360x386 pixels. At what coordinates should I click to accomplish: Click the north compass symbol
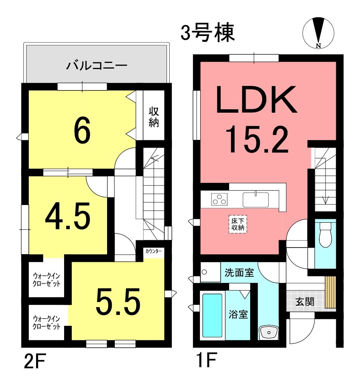tap(318, 33)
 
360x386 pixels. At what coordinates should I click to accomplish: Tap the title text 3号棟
tap(208, 33)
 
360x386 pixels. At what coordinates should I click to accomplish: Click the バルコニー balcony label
tap(97, 66)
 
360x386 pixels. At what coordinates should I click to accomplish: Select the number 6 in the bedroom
tap(82, 130)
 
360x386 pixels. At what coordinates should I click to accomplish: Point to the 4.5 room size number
tap(68, 217)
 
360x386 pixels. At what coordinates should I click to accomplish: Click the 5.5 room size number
tap(118, 302)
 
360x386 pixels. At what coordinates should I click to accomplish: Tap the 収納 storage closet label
tap(154, 117)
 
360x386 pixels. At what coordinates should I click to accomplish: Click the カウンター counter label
tap(154, 251)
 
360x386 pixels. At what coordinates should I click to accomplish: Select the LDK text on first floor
tap(256, 99)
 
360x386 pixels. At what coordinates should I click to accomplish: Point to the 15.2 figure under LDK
tap(256, 140)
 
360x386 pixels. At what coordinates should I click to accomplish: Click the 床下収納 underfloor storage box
tap(238, 225)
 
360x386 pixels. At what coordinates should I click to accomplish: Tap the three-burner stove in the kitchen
tap(219, 199)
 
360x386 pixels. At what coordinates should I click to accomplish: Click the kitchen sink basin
tap(256, 200)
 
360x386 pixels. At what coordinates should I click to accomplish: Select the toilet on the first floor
tap(325, 235)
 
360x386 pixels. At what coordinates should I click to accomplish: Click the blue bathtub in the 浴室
tap(212, 315)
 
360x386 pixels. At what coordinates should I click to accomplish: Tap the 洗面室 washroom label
tap(239, 273)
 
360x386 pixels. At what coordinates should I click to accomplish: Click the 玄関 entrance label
tap(305, 302)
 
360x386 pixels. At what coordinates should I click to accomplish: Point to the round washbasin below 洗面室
tap(269, 332)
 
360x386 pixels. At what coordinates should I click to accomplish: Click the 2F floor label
tap(35, 361)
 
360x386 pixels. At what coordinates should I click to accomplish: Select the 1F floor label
tap(206, 360)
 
